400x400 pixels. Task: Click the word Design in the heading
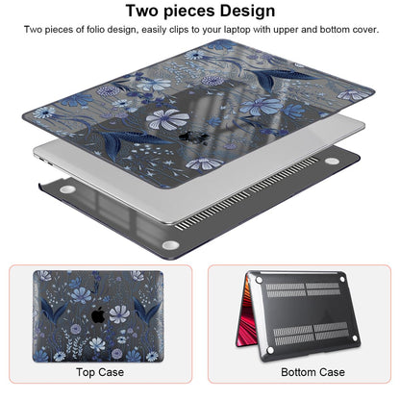pyautogui.click(x=242, y=11)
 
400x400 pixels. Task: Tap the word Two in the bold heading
pyautogui.click(x=142, y=11)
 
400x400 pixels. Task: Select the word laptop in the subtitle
pyautogui.click(x=237, y=30)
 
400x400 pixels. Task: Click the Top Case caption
pyautogui.click(x=100, y=372)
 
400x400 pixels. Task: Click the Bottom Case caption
pyautogui.click(x=312, y=372)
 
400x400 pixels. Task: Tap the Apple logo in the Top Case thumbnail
pyautogui.click(x=98, y=315)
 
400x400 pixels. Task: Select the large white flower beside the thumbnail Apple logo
pyautogui.click(x=119, y=314)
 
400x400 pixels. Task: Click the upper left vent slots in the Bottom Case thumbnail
pyautogui.click(x=286, y=289)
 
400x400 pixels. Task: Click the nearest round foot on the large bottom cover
pyautogui.click(x=170, y=245)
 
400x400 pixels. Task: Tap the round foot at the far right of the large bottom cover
pyautogui.click(x=332, y=161)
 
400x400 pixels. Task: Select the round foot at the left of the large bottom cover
pyautogui.click(x=67, y=189)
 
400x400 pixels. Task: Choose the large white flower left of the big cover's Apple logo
pyautogui.click(x=167, y=119)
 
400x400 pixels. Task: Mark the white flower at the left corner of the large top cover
pyautogui.click(x=44, y=112)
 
